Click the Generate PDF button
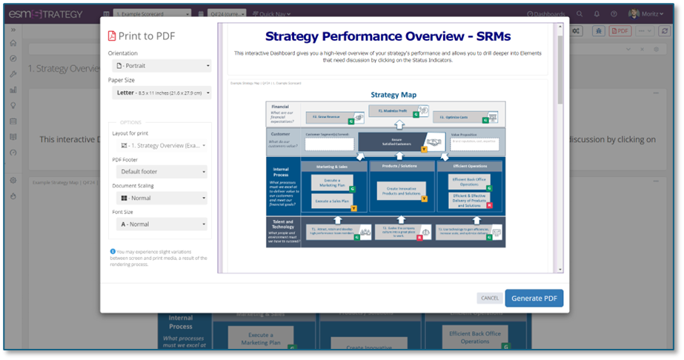click(534, 299)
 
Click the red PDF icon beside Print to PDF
click(112, 36)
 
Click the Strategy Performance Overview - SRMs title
click(388, 36)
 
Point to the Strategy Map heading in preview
click(394, 95)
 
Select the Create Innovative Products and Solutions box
click(400, 190)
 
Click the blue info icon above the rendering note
click(113, 251)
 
